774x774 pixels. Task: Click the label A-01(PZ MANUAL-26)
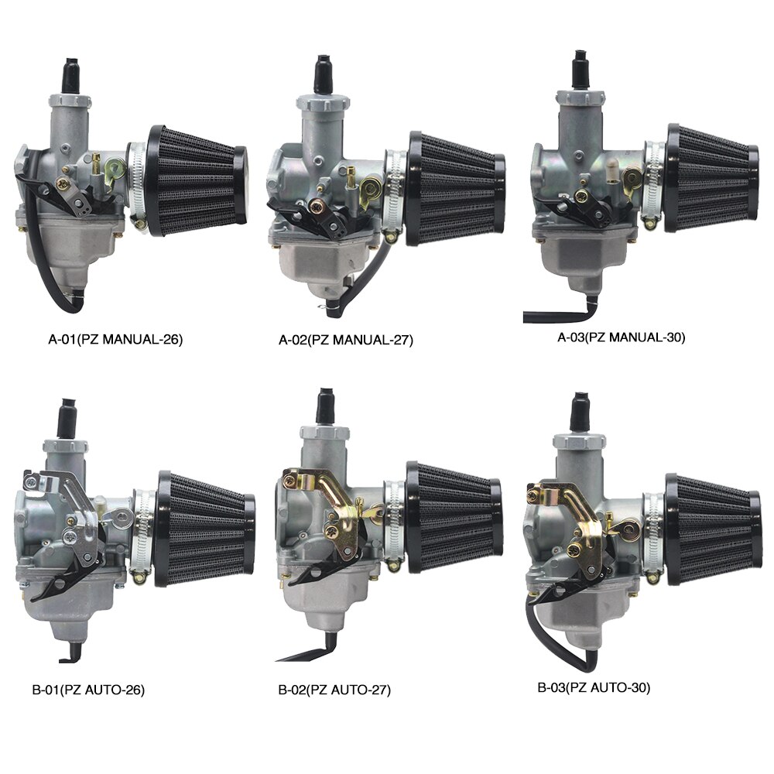click(x=115, y=340)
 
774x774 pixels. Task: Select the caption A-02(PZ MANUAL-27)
click(x=346, y=340)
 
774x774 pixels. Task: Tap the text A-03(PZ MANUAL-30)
click(x=622, y=337)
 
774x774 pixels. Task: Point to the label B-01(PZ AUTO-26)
click(x=88, y=689)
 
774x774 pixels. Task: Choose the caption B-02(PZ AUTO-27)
click(x=334, y=690)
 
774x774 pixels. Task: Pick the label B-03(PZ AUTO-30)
click(x=594, y=687)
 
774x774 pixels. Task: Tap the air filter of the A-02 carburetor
click(x=457, y=188)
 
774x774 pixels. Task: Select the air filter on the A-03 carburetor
click(x=712, y=178)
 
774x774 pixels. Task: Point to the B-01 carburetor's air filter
click(x=205, y=529)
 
